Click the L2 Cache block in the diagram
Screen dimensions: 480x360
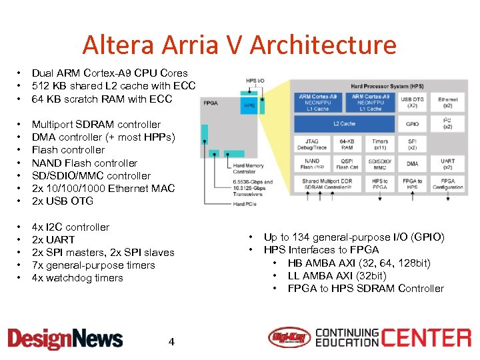click(x=345, y=125)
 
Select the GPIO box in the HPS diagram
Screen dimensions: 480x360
click(x=412, y=125)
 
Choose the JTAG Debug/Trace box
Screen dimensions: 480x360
click(x=311, y=144)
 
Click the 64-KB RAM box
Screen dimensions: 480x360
click(x=347, y=144)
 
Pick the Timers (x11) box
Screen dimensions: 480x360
click(x=380, y=144)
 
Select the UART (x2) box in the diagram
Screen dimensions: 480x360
click(x=448, y=163)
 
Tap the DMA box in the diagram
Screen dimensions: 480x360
click(x=412, y=163)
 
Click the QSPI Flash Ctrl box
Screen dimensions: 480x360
click(x=347, y=163)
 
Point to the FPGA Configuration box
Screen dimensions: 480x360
click(x=448, y=184)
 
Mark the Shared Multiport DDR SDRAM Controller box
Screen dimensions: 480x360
click(x=329, y=184)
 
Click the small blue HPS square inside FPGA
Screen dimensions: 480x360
click(x=249, y=105)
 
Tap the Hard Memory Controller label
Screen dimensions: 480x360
click(x=249, y=169)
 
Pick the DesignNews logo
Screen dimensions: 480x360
click(x=65, y=339)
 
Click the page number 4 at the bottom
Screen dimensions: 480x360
click(x=171, y=342)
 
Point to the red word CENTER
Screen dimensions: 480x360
click(x=427, y=338)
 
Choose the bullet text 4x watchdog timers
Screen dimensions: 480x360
click(x=77, y=278)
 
